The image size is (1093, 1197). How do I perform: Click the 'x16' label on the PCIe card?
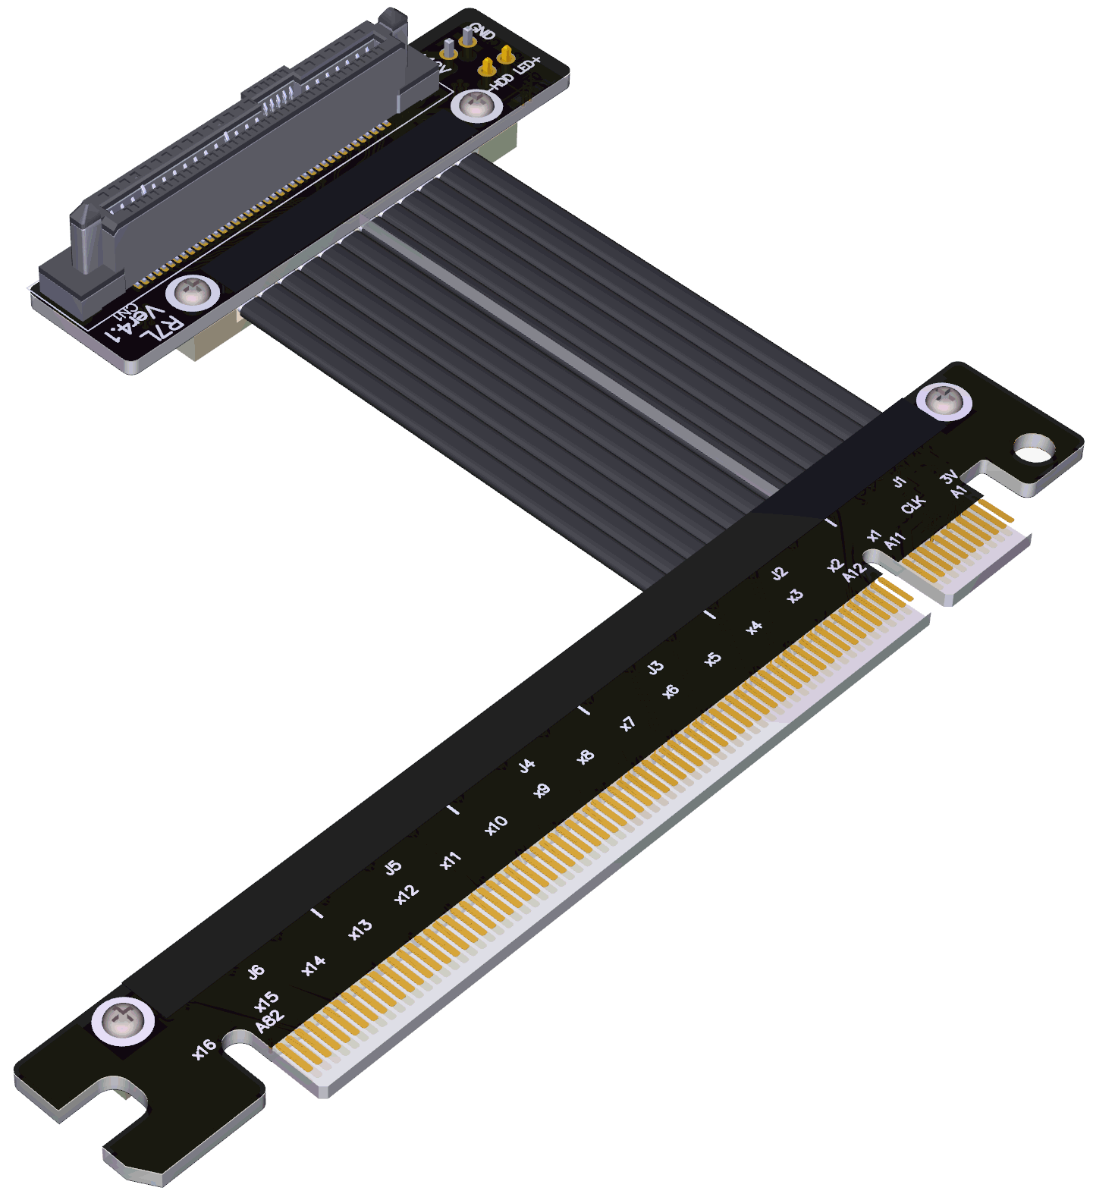204,1049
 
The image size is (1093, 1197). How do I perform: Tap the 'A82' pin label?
269,1021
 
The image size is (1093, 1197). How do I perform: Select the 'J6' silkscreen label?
256,971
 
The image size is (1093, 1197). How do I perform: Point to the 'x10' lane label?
496,826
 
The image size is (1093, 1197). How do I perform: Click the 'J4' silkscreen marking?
526,766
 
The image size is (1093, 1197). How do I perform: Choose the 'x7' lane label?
627,724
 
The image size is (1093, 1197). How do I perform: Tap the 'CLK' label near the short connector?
913,505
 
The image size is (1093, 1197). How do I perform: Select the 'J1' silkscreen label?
899,482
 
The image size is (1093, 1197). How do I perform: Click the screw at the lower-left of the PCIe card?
123,1022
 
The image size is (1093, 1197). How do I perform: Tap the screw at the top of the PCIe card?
944,401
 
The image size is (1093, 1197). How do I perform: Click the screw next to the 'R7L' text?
193,293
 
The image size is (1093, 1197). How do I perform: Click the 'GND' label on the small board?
483,33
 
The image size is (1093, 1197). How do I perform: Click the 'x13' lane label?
360,929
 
